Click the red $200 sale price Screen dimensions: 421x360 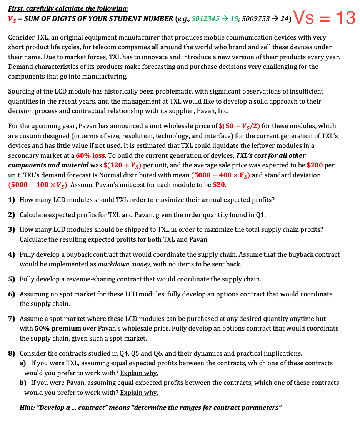pos(315,165)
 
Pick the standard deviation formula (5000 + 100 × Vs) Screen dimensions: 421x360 pos(38,185)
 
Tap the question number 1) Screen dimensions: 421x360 pos(12,200)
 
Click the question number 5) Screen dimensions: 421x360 pos(12,279)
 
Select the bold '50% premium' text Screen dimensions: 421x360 pos(58,329)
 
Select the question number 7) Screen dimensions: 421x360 pos(12,319)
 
